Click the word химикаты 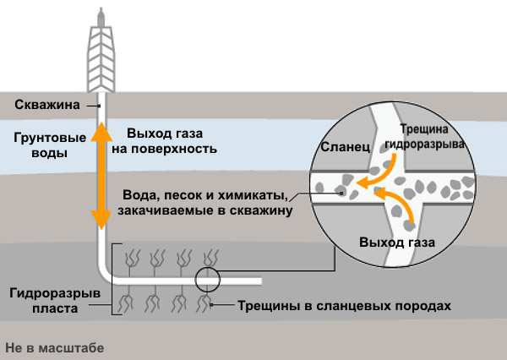point(258,190)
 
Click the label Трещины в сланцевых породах point(327,306)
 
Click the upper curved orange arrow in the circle point(373,174)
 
